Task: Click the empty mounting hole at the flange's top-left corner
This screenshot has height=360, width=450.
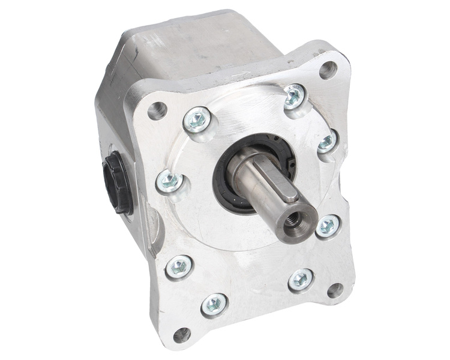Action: click(158, 109)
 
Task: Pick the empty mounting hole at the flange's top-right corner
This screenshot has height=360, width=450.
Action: click(327, 70)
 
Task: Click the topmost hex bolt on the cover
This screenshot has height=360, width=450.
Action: click(294, 95)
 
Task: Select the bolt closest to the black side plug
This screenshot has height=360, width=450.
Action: click(169, 180)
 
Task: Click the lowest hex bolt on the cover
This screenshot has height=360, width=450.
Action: click(215, 305)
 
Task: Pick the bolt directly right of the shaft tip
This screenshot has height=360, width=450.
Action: click(328, 226)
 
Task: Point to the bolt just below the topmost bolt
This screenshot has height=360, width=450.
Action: click(326, 142)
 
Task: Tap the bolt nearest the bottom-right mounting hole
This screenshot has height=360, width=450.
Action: click(299, 280)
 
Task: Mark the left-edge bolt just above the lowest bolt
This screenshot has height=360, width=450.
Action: click(179, 266)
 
